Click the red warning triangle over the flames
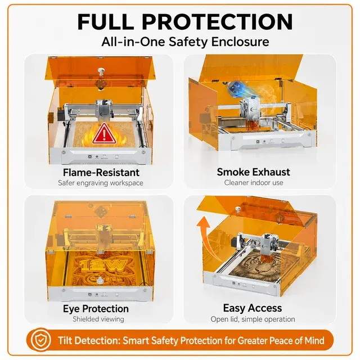(x=104, y=135)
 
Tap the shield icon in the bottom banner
(x=40, y=340)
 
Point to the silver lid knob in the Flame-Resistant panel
(x=101, y=71)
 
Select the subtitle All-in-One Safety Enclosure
(x=185, y=42)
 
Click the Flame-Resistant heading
(x=101, y=173)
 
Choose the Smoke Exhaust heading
(x=254, y=172)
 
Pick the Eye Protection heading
(x=96, y=309)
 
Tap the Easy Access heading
(x=253, y=308)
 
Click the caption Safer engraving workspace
(x=101, y=183)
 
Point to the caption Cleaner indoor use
(x=254, y=183)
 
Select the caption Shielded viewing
(x=98, y=319)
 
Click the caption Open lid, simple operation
(x=253, y=319)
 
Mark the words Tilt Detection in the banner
(x=89, y=340)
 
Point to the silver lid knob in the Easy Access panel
(x=237, y=209)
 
